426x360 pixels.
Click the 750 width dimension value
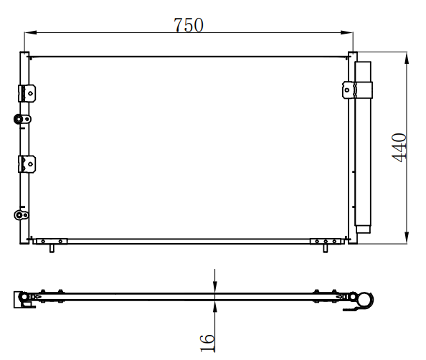point(189,24)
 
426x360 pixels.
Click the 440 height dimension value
point(399,147)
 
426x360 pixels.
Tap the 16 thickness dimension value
point(207,344)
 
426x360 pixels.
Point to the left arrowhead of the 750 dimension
point(30,32)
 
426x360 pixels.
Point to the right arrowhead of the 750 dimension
point(347,32)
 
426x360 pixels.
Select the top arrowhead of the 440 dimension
point(407,58)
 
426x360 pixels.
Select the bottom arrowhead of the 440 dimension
point(407,237)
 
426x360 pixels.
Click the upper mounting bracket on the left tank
point(27,93)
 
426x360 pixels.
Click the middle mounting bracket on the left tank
point(27,164)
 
